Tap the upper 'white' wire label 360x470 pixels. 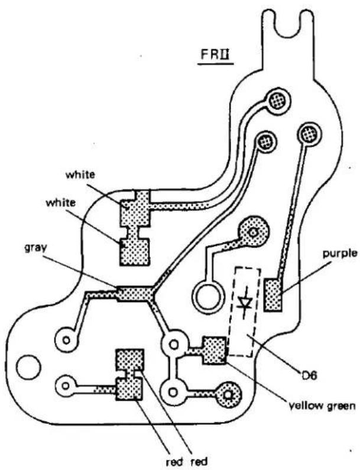coord(80,174)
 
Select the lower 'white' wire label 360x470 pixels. coord(60,203)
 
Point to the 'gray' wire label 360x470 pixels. coord(35,248)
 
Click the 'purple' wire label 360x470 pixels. coord(340,254)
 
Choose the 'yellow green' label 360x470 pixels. coord(322,406)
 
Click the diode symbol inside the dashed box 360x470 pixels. coord(244,303)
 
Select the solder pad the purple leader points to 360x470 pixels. coord(273,295)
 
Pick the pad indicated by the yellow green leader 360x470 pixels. coord(215,350)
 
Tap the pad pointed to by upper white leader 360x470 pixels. coord(135,208)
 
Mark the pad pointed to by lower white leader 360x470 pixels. coord(135,252)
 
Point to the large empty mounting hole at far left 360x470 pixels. coord(28,367)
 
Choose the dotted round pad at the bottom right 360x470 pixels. coord(228,395)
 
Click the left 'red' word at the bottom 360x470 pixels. coord(175,462)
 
